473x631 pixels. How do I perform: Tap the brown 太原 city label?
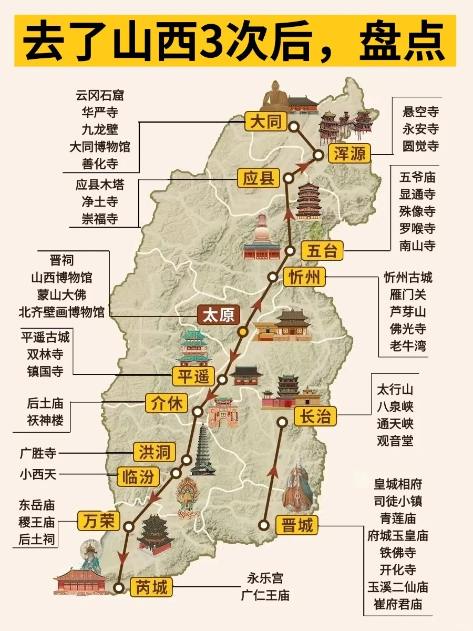pyautogui.click(x=218, y=315)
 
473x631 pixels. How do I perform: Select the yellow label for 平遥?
pyautogui.click(x=194, y=376)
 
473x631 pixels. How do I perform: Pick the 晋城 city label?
pyautogui.click(x=297, y=525)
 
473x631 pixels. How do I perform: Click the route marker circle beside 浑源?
pyautogui.click(x=318, y=155)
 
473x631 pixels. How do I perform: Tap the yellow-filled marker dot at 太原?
pyautogui.click(x=242, y=331)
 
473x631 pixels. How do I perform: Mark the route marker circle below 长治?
pyautogui.click(x=282, y=421)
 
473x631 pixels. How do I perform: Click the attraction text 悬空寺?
pyautogui.click(x=420, y=111)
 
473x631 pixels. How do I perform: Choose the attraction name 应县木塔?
pyautogui.click(x=100, y=185)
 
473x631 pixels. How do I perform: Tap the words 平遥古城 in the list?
pyautogui.click(x=45, y=337)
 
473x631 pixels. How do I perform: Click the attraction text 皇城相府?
pyautogui.click(x=398, y=484)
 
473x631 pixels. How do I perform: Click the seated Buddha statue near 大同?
pyautogui.click(x=275, y=96)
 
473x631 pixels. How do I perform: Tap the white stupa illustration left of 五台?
pyautogui.click(x=262, y=239)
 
